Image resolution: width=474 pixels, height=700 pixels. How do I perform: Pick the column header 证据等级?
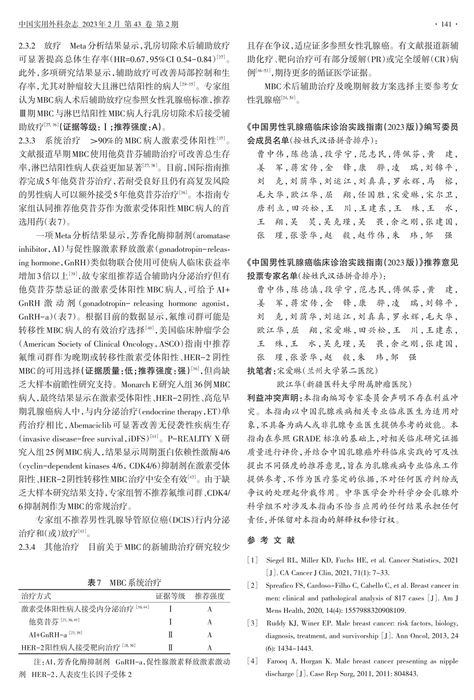coord(170,596)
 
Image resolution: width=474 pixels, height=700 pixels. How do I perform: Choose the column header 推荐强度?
coord(209,596)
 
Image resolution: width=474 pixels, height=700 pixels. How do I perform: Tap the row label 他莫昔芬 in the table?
coord(43,622)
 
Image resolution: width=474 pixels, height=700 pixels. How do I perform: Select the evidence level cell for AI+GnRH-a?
coord(170,635)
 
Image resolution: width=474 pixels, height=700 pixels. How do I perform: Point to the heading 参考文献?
coord(271,540)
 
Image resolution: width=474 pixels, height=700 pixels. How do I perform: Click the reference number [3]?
coord(253,623)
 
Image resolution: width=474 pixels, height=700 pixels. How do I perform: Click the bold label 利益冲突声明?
coord(274,398)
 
